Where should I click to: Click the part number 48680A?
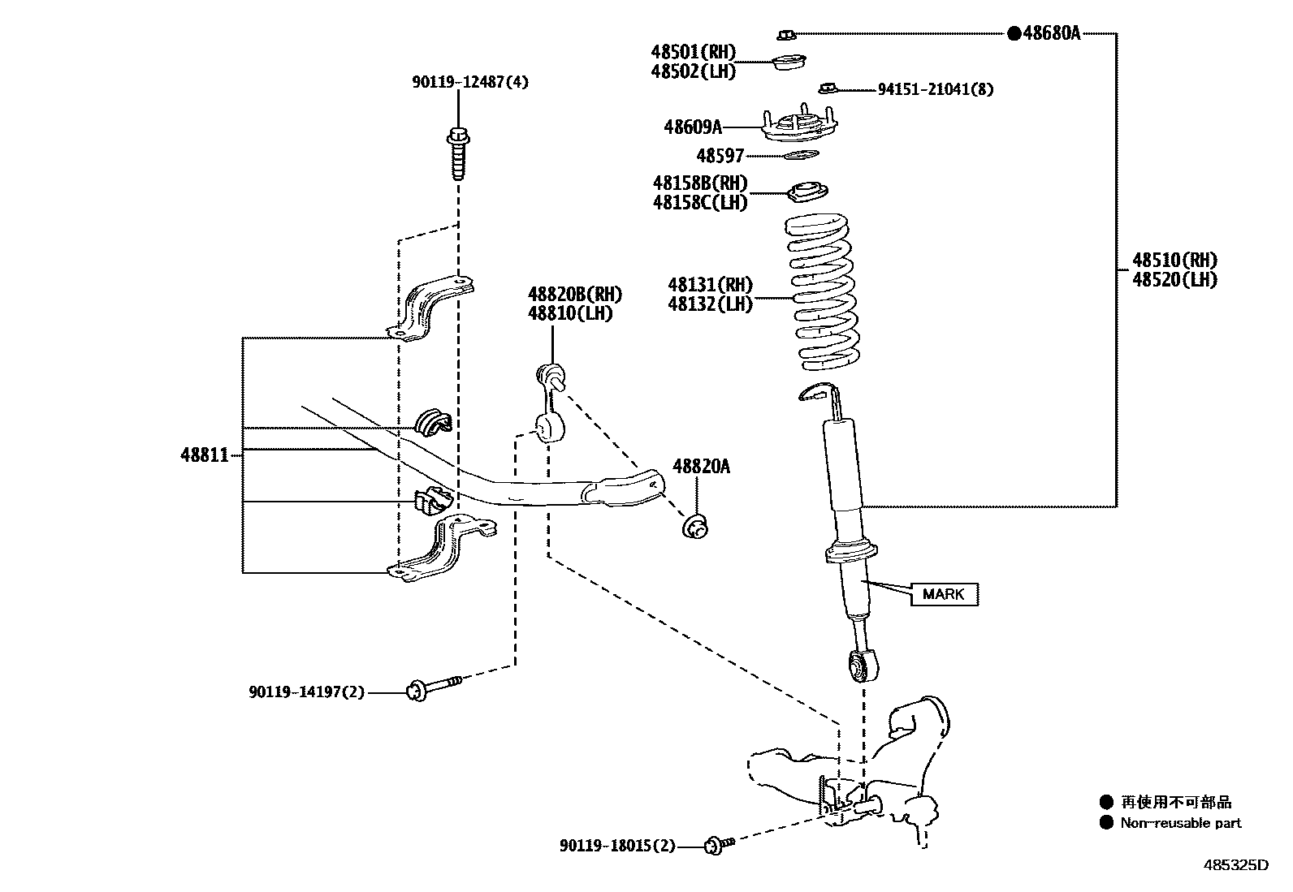coord(1051,33)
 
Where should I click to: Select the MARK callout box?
coord(945,594)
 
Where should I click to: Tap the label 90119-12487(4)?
coord(470,82)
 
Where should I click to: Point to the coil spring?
coord(822,291)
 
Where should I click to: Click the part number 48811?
coord(205,455)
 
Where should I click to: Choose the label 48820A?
coord(701,466)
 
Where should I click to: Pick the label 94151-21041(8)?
coord(936,89)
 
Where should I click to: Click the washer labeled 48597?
coord(801,155)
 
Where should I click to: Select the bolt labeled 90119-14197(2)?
coord(434,688)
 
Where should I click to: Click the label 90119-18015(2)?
coord(617,846)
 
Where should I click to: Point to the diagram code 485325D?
coord(1236,865)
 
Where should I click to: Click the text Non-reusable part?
coord(1180,823)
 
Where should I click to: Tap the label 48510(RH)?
coord(1174,261)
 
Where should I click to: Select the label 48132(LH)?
coord(711,304)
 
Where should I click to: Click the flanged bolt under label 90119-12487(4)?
coord(458,153)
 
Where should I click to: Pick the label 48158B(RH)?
coord(700,183)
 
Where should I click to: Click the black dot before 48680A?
coord(1014,33)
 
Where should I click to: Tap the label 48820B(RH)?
coord(575,295)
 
